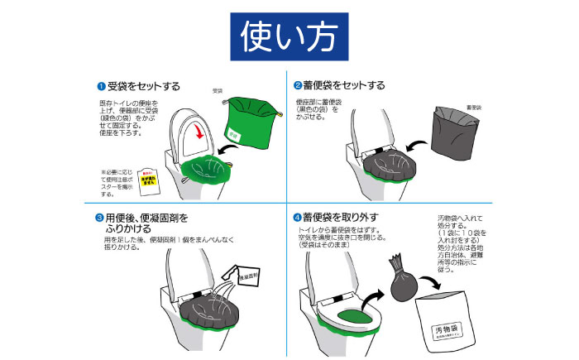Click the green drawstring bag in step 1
click(251, 123)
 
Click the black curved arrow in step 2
click(410, 149)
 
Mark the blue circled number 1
click(101, 86)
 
